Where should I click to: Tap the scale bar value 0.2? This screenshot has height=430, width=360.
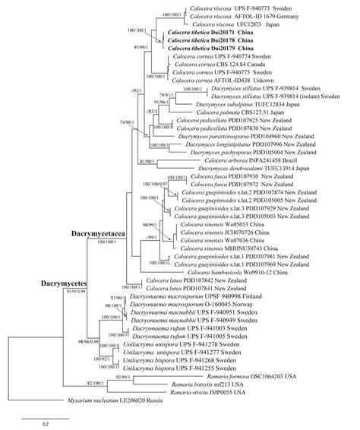click(x=46, y=422)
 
